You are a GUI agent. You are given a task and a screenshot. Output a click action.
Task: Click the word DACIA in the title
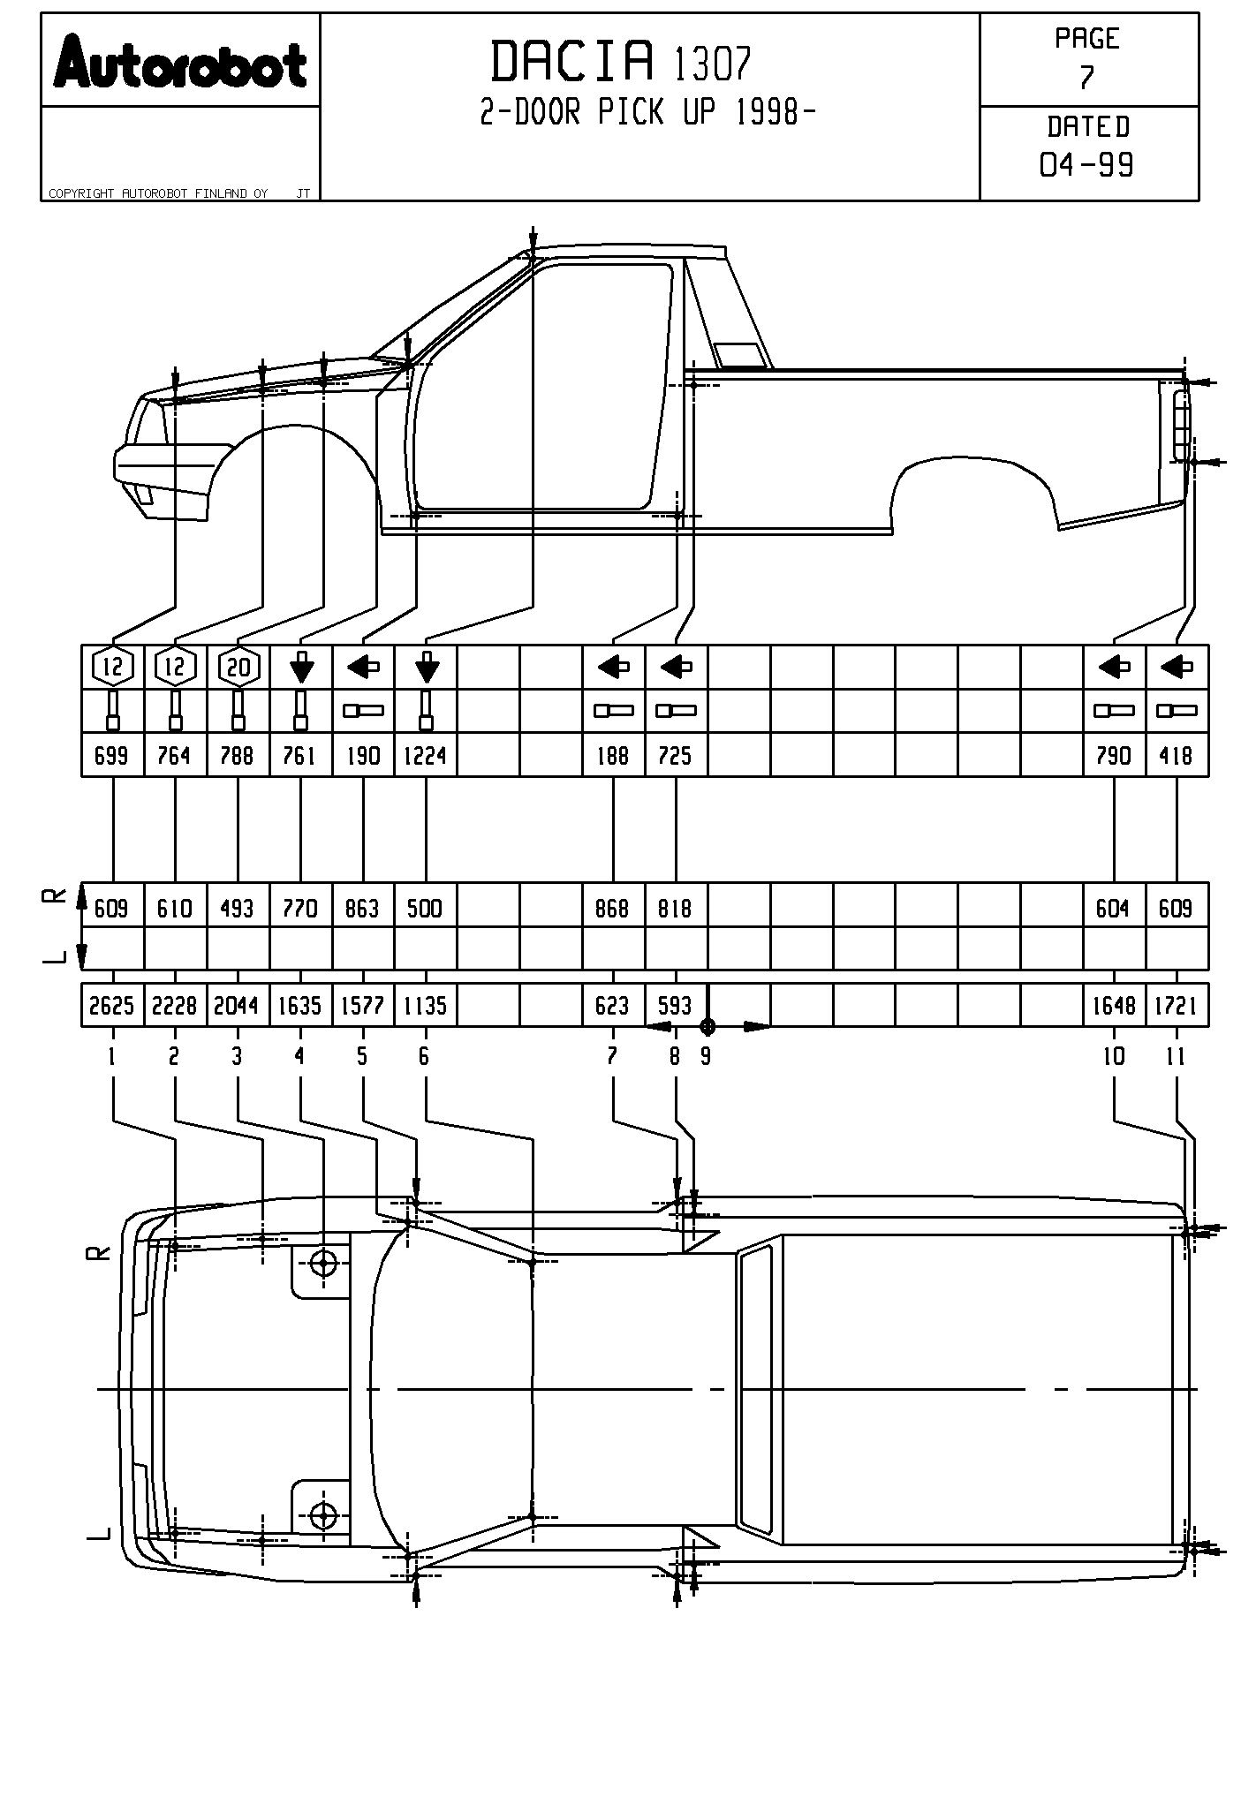tap(572, 62)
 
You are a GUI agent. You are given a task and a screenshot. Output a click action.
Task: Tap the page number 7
tap(1086, 78)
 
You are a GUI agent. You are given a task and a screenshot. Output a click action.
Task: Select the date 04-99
tap(1086, 164)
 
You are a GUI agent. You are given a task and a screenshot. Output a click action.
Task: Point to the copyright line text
tap(159, 193)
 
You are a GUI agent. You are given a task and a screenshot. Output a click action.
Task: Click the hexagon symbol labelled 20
tap(238, 668)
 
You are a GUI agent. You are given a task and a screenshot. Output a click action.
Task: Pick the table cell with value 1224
tap(426, 756)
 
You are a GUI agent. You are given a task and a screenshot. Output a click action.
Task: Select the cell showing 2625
tap(112, 1006)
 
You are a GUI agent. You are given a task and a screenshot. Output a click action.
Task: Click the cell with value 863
tap(363, 909)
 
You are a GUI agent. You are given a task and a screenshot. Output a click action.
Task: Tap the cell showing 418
tap(1177, 756)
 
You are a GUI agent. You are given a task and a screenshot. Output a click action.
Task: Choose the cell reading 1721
tap(1177, 1006)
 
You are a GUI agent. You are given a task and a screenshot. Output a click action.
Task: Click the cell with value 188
tap(613, 756)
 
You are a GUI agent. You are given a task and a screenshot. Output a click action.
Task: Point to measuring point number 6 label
tap(425, 1056)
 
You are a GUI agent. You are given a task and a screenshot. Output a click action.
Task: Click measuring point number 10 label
tap(1114, 1056)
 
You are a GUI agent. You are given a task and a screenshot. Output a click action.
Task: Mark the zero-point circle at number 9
tap(707, 1026)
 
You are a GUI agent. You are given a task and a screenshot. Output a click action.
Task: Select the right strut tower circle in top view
tap(324, 1264)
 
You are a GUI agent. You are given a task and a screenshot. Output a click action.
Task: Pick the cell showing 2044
tap(237, 1006)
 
